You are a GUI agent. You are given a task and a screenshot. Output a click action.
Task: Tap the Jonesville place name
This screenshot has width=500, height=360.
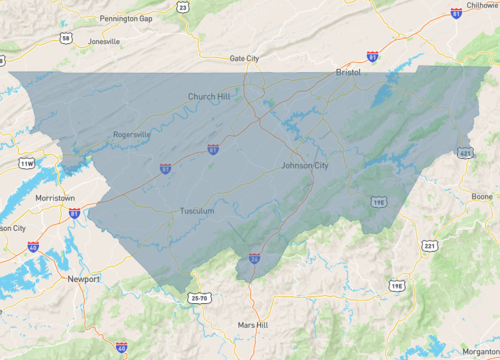click(103, 41)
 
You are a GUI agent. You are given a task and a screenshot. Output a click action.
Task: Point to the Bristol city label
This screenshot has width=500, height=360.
click(348, 73)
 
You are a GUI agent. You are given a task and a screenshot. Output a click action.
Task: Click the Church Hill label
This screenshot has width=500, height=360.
click(208, 97)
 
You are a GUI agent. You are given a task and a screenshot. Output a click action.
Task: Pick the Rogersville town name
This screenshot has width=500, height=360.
click(132, 134)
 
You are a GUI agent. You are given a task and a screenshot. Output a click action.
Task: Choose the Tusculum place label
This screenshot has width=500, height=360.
click(197, 211)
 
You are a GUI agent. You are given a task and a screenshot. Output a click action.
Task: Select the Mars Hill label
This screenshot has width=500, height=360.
click(253, 326)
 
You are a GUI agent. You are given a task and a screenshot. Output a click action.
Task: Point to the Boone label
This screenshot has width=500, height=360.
click(482, 196)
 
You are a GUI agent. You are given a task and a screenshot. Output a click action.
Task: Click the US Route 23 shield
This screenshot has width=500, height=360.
click(181, 6)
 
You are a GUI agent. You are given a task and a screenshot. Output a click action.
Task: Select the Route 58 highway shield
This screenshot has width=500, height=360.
click(65, 38)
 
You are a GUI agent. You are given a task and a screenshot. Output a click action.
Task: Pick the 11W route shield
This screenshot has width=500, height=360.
click(26, 163)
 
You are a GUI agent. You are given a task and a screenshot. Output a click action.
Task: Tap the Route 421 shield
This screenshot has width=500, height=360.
click(466, 154)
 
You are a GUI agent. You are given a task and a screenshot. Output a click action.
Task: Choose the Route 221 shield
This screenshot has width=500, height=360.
click(429, 245)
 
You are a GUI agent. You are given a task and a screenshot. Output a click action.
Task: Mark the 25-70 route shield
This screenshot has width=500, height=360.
click(200, 298)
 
